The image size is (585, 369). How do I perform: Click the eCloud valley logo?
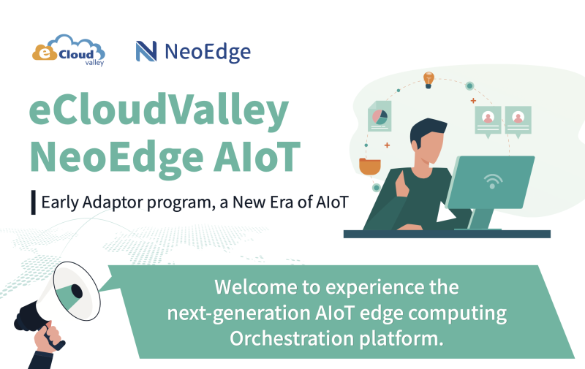pos(69,50)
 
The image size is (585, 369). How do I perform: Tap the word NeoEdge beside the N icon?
pos(207,52)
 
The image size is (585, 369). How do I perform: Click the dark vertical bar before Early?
pos(33,202)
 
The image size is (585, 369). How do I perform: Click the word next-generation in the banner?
pos(227,313)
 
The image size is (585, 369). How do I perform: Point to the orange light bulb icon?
pos(429,79)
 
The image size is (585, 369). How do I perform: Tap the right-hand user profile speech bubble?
pos(518,121)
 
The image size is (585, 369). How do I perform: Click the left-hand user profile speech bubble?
pos(488,121)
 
